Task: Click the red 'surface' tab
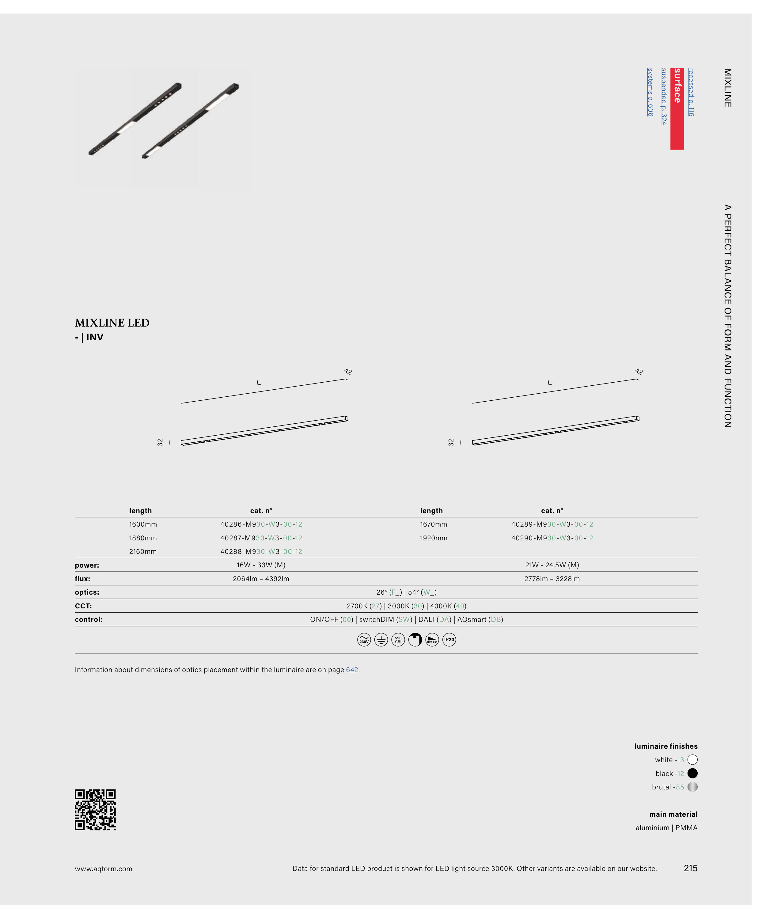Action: pos(677,108)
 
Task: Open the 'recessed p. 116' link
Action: pos(691,92)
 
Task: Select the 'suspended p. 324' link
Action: pos(664,96)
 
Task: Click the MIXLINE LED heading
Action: pos(112,323)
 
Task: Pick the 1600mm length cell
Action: pos(143,524)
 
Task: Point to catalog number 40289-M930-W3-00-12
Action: pos(552,524)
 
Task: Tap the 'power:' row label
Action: pos(87,565)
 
